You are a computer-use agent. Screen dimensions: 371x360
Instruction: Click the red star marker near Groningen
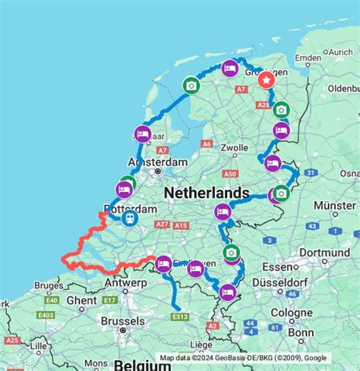[267, 78]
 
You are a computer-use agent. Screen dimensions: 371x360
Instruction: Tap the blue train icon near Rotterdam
[129, 219]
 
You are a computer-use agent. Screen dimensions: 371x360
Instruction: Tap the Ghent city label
[82, 300]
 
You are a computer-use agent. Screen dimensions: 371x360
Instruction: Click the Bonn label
[301, 332]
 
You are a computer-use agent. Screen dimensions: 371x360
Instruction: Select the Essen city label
[277, 266]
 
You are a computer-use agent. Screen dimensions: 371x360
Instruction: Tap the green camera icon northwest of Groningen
[191, 86]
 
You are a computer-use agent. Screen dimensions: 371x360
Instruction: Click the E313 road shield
[180, 317]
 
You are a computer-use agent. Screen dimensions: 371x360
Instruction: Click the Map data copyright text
[243, 358]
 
